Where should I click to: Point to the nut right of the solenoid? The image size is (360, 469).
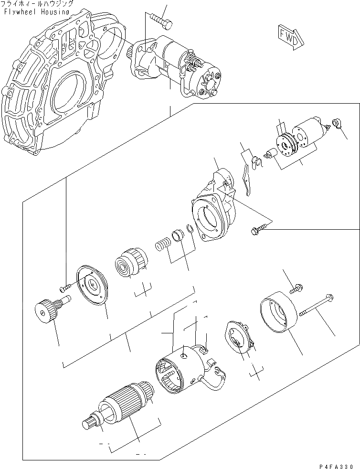pyautogui.click(x=336, y=124)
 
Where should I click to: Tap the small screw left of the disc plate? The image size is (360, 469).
pyautogui.click(x=65, y=288)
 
